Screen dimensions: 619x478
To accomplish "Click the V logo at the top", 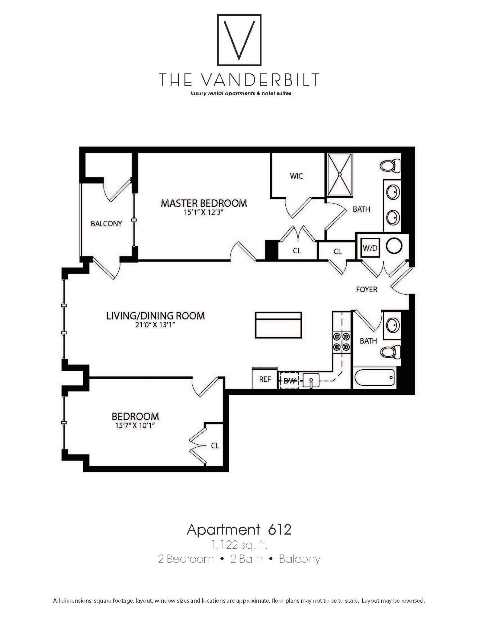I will point(239,40).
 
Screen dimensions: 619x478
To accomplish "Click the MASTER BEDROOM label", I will point(204,203).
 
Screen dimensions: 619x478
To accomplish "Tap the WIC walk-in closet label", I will point(296,176).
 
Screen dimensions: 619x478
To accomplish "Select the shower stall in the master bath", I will point(340,175).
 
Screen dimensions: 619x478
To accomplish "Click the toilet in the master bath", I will point(390,166).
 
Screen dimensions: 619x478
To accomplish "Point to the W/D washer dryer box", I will point(370,248).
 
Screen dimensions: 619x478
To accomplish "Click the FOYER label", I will point(367,289).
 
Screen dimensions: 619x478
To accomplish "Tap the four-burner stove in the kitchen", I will point(342,342).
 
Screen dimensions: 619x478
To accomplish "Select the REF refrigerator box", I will point(265,379).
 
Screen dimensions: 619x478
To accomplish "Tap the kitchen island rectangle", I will point(278,325).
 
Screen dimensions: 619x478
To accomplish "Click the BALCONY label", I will point(106,223).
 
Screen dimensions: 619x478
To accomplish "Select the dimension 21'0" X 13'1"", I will point(156,325).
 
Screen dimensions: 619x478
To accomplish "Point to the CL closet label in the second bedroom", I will point(215,446).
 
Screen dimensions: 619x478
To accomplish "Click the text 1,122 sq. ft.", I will point(239,545).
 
